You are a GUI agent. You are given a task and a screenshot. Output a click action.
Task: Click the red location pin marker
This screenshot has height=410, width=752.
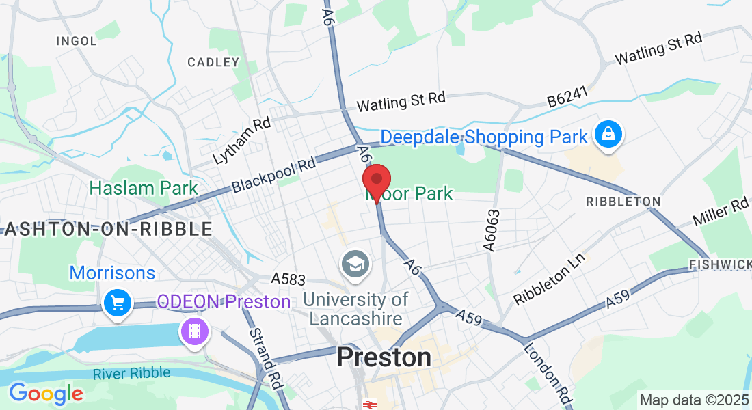(376, 181)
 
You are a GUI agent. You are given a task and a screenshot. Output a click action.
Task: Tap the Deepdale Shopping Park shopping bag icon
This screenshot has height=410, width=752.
(608, 135)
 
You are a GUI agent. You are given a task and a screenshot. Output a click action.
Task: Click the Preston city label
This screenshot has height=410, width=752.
(384, 357)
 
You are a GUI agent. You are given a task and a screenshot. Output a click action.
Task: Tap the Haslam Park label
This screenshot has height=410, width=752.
(144, 188)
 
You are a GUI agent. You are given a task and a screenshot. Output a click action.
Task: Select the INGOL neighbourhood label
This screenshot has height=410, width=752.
(77, 41)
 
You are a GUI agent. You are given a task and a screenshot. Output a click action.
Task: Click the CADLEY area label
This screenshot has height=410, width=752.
(213, 62)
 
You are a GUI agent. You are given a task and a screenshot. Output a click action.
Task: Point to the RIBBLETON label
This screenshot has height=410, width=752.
(623, 202)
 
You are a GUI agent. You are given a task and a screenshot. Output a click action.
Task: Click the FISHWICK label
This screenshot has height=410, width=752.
(720, 264)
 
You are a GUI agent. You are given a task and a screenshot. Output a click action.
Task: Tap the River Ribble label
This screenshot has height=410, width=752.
(134, 374)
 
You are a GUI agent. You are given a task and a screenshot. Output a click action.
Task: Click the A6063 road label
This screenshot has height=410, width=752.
(493, 230)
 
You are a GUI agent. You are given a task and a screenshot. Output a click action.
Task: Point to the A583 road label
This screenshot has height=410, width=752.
(287, 279)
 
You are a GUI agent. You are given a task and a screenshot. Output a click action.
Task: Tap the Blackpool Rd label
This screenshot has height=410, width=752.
(273, 175)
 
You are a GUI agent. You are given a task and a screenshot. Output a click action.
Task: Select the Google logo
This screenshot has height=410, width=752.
(46, 393)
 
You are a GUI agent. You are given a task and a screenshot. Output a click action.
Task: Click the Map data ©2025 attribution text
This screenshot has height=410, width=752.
(693, 400)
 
